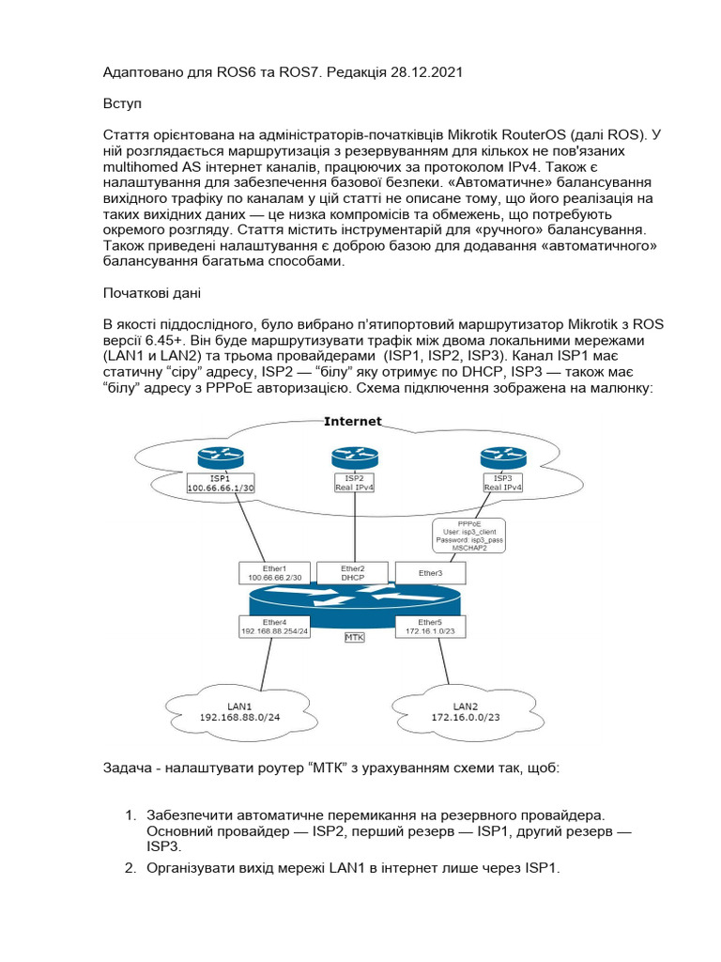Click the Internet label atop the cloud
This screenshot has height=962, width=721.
pos(352,422)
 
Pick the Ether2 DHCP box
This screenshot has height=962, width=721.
pos(353,573)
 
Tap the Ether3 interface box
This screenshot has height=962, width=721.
pos(431,572)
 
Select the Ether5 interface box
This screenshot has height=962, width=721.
pos(431,627)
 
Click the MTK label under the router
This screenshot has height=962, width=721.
pos(354,637)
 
